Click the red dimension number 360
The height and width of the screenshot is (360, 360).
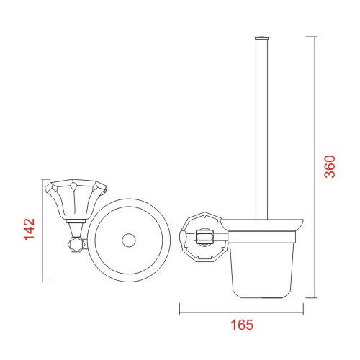pyautogui.click(x=329, y=166)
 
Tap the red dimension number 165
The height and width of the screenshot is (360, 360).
pyautogui.click(x=242, y=325)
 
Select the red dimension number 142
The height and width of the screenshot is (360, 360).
pyautogui.click(x=30, y=229)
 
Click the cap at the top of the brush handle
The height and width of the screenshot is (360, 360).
pyautogui.click(x=261, y=37)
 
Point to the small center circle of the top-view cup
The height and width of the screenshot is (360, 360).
pyautogui.click(x=129, y=240)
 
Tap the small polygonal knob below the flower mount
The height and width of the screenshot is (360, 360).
pyautogui.click(x=77, y=245)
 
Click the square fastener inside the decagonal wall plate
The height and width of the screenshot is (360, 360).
pyautogui.click(x=204, y=237)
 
